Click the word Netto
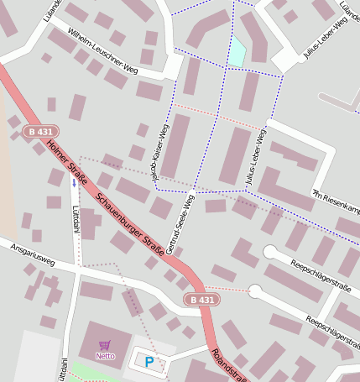tap(105, 355)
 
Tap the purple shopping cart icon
tap(105, 344)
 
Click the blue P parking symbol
tap(149, 362)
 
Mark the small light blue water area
tap(237, 51)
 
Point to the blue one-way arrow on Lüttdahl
tap(74, 182)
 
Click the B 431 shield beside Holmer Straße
tap(39, 132)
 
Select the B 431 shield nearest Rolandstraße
tap(202, 300)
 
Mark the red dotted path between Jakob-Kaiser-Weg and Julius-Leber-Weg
tap(217, 117)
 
